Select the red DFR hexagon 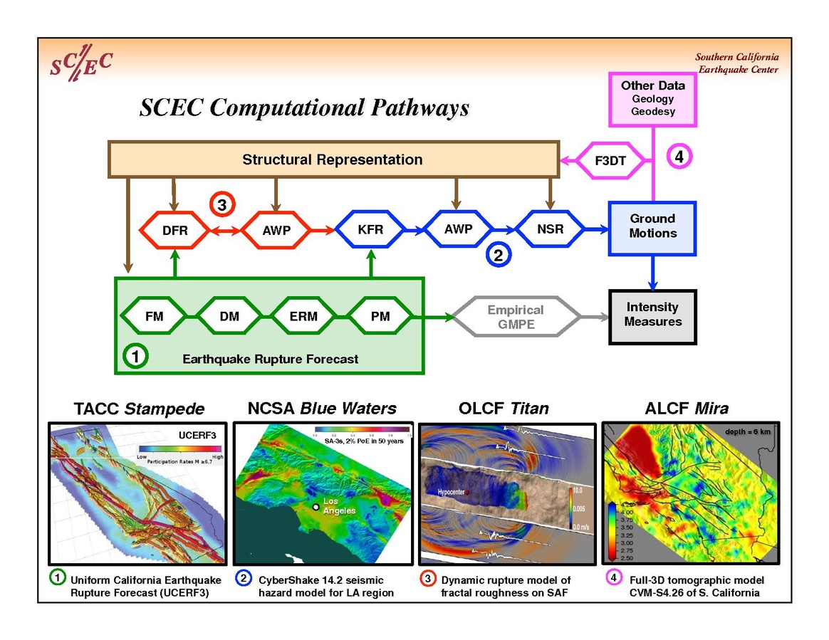[x=174, y=230]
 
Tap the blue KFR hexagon [x=370, y=230]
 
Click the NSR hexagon [x=549, y=229]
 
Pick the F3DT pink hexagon [x=610, y=160]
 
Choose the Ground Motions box [x=652, y=226]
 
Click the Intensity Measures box [x=652, y=315]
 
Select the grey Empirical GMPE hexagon [x=516, y=316]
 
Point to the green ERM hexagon [x=303, y=316]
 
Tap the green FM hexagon [x=155, y=316]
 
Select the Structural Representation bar [x=333, y=159]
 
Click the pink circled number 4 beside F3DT [x=679, y=157]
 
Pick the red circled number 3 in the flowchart [x=222, y=205]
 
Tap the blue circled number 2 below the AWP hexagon [x=498, y=255]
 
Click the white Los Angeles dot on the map [x=316, y=507]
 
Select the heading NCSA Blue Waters [x=322, y=409]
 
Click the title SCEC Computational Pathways [x=305, y=107]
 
